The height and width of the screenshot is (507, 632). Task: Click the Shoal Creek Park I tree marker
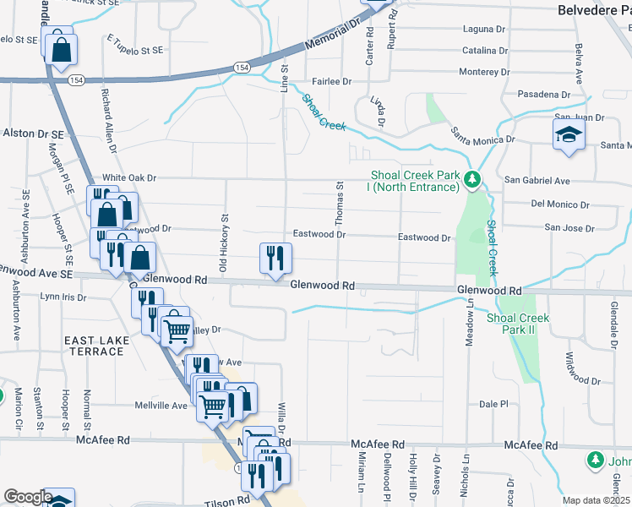[473, 179]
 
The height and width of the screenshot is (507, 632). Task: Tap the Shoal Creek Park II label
[518, 324]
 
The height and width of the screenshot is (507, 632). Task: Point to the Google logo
[27, 497]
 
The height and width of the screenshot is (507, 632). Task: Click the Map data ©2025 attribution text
[596, 500]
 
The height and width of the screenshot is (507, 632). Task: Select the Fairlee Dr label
[331, 81]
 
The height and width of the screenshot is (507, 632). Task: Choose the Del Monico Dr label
[559, 204]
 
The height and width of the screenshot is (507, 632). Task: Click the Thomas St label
[341, 202]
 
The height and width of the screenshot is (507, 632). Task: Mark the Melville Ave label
[161, 406]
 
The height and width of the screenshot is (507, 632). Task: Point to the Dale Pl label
[492, 404]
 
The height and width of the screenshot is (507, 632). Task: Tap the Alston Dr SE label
[34, 134]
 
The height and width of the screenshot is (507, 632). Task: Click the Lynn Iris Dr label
[63, 297]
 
